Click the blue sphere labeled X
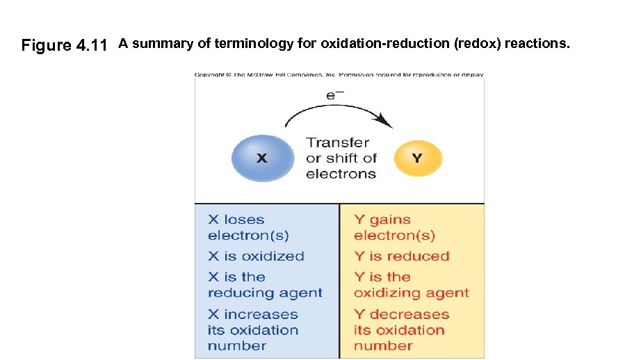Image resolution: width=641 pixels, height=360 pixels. (261, 158)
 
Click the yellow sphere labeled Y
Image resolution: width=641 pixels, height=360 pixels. (417, 158)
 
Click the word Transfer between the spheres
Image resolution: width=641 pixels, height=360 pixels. (338, 142)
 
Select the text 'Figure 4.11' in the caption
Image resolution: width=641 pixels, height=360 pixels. (64, 46)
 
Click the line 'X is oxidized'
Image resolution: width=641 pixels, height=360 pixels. (256, 256)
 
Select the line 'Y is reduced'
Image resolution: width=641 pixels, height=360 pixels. (402, 256)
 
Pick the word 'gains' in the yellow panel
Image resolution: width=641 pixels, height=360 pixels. (390, 220)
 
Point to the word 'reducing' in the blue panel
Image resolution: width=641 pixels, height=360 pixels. (237, 293)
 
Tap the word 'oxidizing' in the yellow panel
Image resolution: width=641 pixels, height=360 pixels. (386, 293)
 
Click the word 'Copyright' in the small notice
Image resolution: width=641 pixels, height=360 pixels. (209, 74)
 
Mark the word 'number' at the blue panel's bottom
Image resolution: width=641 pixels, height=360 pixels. (237, 345)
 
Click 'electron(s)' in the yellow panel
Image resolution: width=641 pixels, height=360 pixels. (394, 235)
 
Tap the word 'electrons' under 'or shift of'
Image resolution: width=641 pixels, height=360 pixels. (341, 174)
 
